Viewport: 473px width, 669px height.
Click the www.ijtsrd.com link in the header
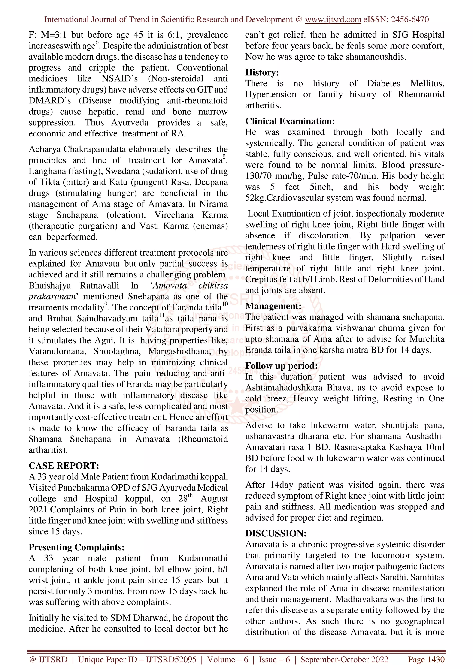[x=333, y=20]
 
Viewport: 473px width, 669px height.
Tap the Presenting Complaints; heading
[x=76, y=547]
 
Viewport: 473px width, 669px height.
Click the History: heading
[x=262, y=72]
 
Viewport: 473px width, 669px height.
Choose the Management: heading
[x=273, y=306]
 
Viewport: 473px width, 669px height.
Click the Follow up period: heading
[x=281, y=365]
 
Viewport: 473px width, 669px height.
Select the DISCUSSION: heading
[x=276, y=533]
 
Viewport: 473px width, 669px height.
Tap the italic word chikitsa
[x=213, y=286]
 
